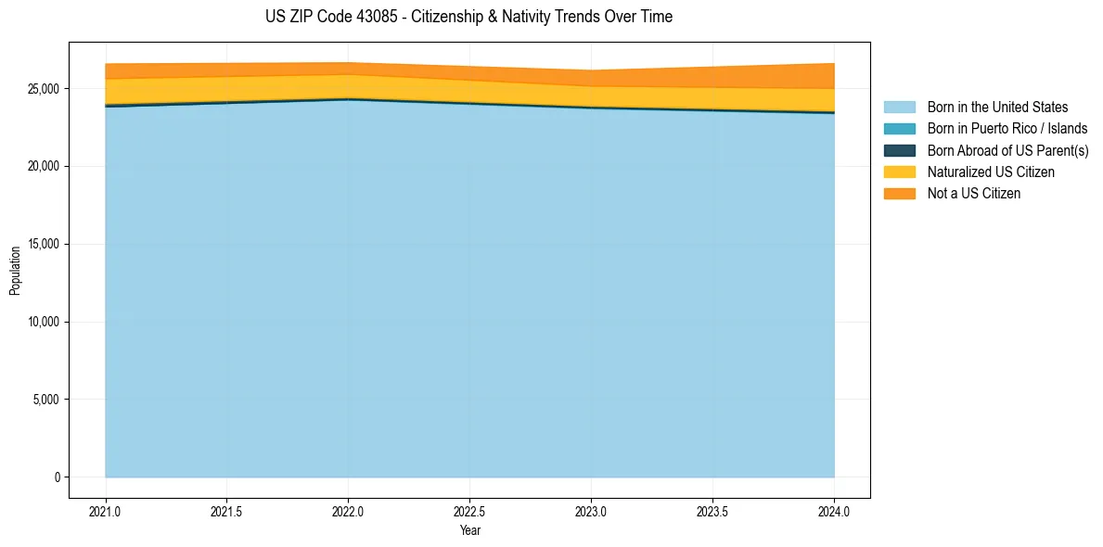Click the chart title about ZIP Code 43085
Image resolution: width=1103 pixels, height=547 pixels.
pyautogui.click(x=468, y=17)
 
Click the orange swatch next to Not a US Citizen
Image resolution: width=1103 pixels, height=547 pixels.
pyautogui.click(x=899, y=194)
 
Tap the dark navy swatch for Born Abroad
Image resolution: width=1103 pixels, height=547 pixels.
pyautogui.click(x=899, y=150)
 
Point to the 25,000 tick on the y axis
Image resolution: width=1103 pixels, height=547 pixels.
pyautogui.click(x=44, y=89)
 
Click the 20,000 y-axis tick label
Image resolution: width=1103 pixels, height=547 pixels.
pyautogui.click(x=44, y=167)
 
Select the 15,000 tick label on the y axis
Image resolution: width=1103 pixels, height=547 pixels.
pyautogui.click(x=44, y=245)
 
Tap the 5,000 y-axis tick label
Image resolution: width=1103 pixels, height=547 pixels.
pyautogui.click(x=46, y=400)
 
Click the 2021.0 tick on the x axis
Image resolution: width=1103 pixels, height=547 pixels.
pyautogui.click(x=106, y=511)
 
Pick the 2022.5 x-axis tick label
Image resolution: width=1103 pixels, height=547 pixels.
pyautogui.click(x=469, y=511)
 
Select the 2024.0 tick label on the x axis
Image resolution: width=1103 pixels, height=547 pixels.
pyautogui.click(x=834, y=511)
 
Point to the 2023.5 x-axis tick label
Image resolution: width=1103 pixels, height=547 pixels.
pyautogui.click(x=712, y=511)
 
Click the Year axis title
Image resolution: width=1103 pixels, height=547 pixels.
pyautogui.click(x=469, y=530)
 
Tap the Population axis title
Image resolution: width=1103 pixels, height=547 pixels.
pyautogui.click(x=15, y=270)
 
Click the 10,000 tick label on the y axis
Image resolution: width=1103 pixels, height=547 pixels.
pyautogui.click(x=44, y=323)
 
